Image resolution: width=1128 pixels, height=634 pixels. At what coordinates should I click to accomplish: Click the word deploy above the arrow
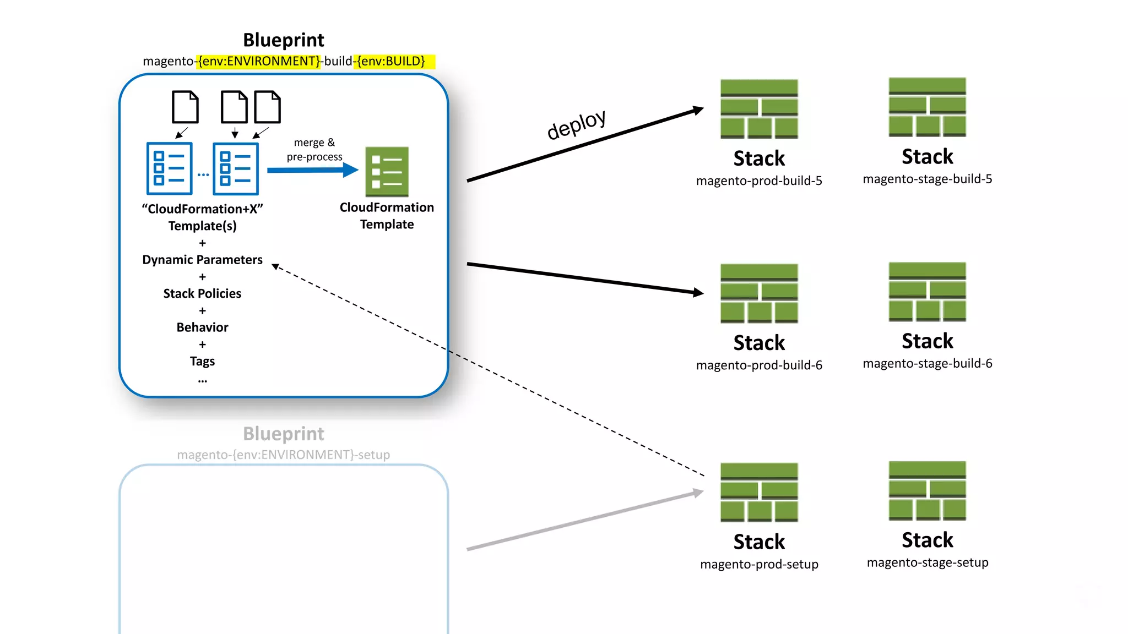pyautogui.click(x=576, y=124)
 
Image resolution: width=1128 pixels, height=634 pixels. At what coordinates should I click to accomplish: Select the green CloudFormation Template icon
pyautogui.click(x=387, y=172)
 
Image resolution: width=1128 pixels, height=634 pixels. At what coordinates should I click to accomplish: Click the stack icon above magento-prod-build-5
pyautogui.click(x=759, y=109)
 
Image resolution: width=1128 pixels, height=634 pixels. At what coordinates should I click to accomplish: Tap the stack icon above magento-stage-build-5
pyautogui.click(x=927, y=107)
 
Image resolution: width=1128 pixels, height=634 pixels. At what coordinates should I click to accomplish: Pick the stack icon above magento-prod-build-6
pyautogui.click(x=759, y=293)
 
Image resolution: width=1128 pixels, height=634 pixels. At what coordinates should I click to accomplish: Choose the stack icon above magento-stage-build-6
pyautogui.click(x=927, y=292)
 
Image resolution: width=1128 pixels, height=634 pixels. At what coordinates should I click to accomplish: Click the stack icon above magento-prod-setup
pyautogui.click(x=759, y=492)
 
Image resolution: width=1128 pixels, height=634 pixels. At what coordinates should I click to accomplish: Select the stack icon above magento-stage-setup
pyautogui.click(x=927, y=491)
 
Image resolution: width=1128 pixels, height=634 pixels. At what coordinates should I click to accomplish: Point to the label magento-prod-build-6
pyautogui.click(x=759, y=365)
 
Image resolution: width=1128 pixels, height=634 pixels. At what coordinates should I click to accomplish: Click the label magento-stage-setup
pyautogui.click(x=927, y=562)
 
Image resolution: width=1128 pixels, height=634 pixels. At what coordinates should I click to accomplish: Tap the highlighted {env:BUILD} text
pyautogui.click(x=391, y=61)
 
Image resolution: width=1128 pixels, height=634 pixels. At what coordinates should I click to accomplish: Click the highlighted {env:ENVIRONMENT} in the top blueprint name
pyautogui.click(x=259, y=61)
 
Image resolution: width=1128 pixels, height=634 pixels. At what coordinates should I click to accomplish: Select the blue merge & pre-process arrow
pyautogui.click(x=312, y=170)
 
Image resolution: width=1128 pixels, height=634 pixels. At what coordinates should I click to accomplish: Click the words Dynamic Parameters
pyautogui.click(x=202, y=260)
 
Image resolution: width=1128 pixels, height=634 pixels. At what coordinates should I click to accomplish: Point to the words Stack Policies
pyautogui.click(x=202, y=293)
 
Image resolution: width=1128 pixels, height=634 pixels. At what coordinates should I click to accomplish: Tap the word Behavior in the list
pyautogui.click(x=202, y=327)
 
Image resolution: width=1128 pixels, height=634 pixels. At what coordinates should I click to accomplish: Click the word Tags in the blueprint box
pyautogui.click(x=202, y=362)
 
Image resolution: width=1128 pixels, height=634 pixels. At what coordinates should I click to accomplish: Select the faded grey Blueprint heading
pyautogui.click(x=284, y=434)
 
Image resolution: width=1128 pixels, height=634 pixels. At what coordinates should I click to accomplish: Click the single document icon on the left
pyautogui.click(x=185, y=107)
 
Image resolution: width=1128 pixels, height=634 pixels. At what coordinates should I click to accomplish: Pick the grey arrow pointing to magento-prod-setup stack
pyautogui.click(x=584, y=520)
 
